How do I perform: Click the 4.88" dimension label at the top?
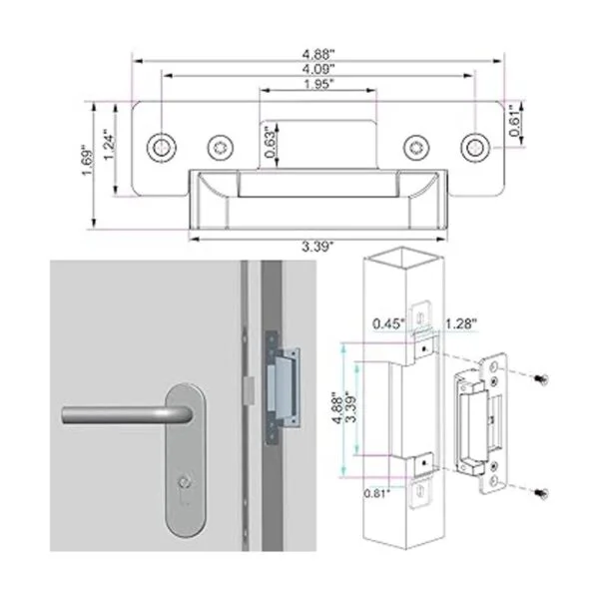(318, 54)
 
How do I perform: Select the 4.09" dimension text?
(318, 69)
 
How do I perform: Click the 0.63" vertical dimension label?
(271, 142)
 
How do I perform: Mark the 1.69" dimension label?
(87, 160)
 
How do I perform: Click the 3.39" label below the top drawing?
(317, 247)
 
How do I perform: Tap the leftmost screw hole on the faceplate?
(162, 147)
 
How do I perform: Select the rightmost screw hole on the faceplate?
(475, 147)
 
